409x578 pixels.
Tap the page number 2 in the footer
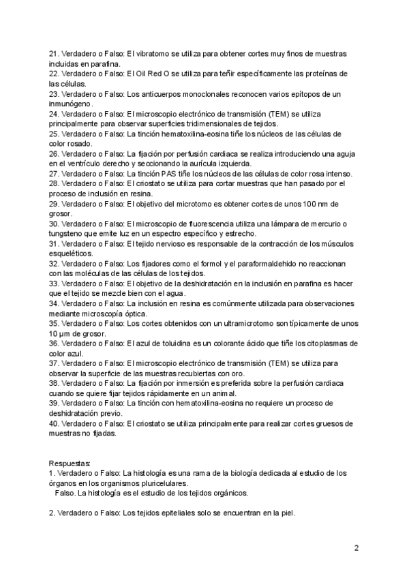(356, 547)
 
